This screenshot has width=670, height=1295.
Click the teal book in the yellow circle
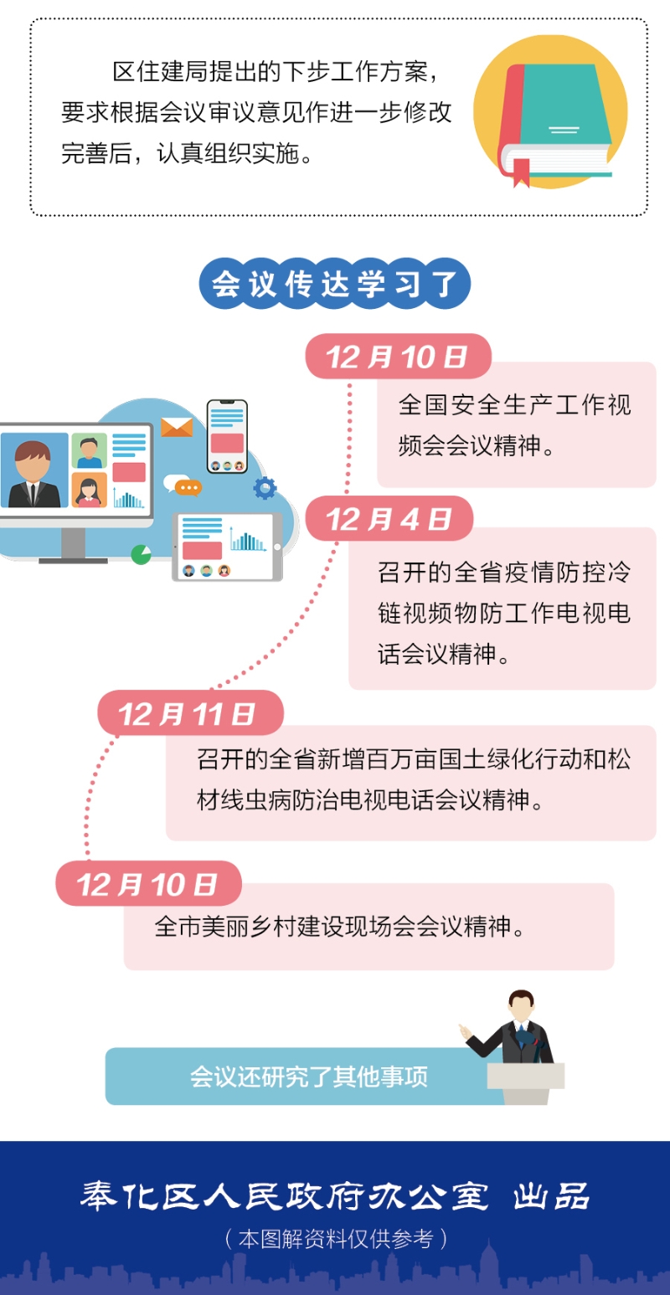[554, 121]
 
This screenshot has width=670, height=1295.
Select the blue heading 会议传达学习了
[334, 284]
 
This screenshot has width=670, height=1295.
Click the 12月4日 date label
[389, 518]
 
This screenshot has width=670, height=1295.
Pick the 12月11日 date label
[190, 713]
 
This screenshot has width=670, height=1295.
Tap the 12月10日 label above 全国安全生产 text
[398, 356]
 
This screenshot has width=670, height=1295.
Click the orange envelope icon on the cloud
[177, 427]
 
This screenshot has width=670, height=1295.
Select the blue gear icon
[265, 488]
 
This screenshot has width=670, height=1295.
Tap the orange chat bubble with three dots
[188, 488]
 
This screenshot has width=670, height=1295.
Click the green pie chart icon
[141, 554]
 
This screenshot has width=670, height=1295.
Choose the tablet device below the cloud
[228, 547]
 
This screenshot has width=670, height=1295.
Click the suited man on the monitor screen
[33, 473]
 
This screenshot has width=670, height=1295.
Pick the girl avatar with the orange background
[89, 491]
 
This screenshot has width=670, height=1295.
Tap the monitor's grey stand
[73, 545]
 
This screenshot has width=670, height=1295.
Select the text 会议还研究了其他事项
[308, 1077]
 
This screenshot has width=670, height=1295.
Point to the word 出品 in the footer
[551, 1196]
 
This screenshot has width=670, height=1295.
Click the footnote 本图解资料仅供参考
[336, 1238]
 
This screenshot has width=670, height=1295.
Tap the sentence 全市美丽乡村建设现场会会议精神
[339, 926]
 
